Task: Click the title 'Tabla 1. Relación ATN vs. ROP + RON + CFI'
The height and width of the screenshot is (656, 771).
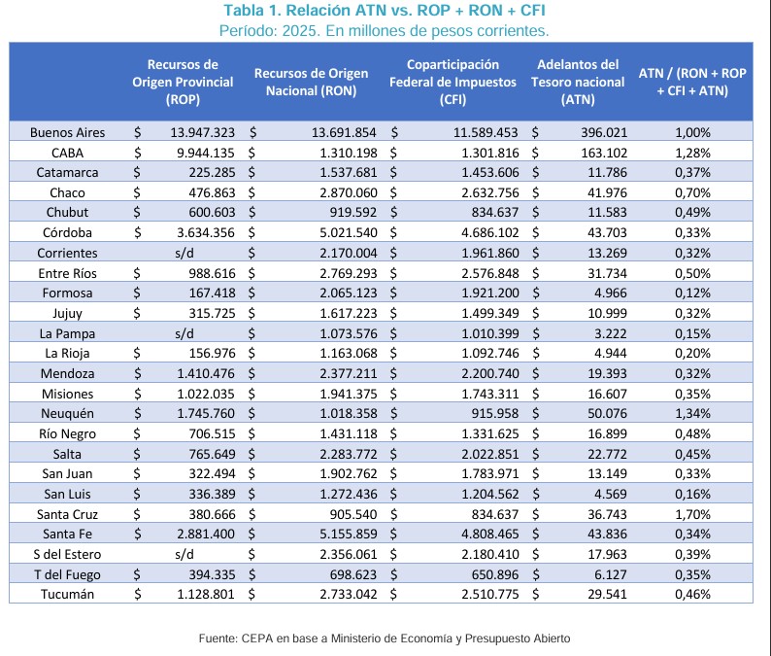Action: pyautogui.click(x=385, y=11)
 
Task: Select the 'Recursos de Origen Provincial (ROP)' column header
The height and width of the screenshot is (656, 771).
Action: pyautogui.click(x=183, y=83)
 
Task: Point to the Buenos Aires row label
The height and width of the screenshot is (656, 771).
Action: pyautogui.click(x=67, y=132)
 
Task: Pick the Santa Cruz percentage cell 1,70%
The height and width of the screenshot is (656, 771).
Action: pyautogui.click(x=692, y=514)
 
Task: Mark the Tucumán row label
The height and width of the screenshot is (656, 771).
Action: pyautogui.click(x=67, y=594)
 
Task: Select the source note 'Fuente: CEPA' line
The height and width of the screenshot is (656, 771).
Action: pyautogui.click(x=385, y=639)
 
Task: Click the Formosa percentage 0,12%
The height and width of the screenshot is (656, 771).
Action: pyautogui.click(x=692, y=293)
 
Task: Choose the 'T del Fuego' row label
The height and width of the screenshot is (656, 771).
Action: pyautogui.click(x=67, y=573)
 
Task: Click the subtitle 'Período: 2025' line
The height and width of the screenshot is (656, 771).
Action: pyautogui.click(x=385, y=30)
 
